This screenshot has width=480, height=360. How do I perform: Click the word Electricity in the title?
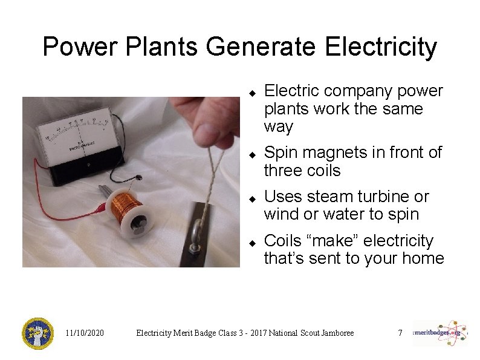[x=381, y=47]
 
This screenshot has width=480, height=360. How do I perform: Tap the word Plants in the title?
[x=146, y=47]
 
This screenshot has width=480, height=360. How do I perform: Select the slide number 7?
[x=400, y=333]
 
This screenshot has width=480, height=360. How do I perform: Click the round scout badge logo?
[x=37, y=333]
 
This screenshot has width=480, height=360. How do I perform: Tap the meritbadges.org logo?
[x=439, y=332]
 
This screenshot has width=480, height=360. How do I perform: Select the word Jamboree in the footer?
[x=331, y=333]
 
